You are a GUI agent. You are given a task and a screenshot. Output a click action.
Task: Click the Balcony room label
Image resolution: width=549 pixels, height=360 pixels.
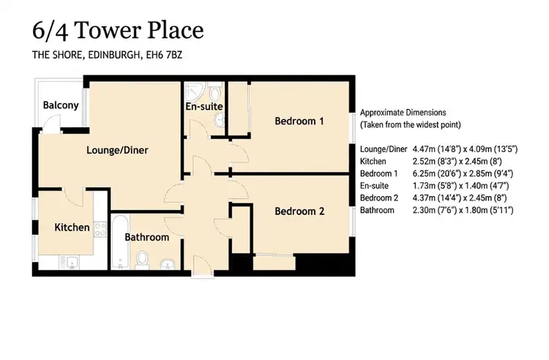61,105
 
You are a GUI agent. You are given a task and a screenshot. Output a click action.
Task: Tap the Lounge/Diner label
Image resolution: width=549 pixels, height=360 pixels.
117,150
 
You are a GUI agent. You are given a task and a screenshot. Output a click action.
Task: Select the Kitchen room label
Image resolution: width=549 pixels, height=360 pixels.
72,228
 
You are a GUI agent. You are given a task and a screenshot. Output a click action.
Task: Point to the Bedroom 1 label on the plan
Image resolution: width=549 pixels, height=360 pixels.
299,121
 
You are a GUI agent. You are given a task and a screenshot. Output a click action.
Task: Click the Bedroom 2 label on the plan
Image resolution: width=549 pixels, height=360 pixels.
299,211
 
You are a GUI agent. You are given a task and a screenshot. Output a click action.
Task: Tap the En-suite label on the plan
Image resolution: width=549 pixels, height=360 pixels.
204,106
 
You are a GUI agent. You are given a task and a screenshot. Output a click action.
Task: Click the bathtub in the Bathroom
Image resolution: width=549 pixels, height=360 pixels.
120,241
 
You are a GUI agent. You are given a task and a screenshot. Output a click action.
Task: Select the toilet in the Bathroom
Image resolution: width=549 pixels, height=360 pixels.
142,260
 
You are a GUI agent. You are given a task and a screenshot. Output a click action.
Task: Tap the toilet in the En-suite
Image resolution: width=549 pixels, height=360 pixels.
214,91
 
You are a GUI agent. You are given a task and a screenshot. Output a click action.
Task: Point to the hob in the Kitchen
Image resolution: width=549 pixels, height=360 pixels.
100,229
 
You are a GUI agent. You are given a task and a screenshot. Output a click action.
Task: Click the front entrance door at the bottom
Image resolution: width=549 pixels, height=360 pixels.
202,267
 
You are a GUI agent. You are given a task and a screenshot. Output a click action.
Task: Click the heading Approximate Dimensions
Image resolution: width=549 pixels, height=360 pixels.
403,113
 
